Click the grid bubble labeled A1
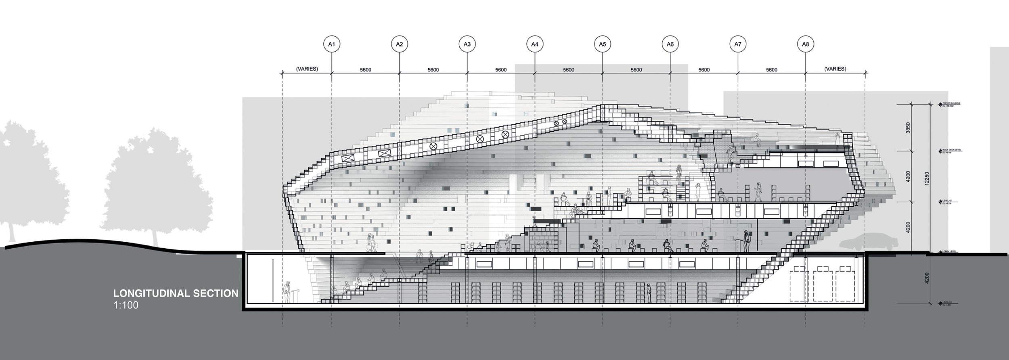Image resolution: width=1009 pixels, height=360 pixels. click(332, 44)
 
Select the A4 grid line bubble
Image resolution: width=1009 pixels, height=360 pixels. click(535, 44)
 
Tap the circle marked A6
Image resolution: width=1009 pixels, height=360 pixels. click(670, 44)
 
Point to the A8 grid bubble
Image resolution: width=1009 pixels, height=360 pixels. click(806, 44)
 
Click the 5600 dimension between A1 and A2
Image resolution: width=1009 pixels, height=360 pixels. click(365, 70)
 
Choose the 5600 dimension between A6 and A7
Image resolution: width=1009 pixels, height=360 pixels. click(704, 70)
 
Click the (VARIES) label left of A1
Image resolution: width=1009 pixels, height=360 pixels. click(307, 69)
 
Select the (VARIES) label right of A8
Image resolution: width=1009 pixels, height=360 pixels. click(835, 69)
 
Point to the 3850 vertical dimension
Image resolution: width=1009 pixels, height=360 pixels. click(908, 128)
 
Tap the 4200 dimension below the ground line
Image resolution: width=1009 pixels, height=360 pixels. click(927, 278)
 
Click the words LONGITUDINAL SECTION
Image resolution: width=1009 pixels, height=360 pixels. click(176, 293)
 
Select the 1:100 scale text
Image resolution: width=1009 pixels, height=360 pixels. click(126, 306)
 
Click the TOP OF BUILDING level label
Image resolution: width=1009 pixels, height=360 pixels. click(951, 105)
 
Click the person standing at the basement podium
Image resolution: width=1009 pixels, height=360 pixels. click(287, 292)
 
